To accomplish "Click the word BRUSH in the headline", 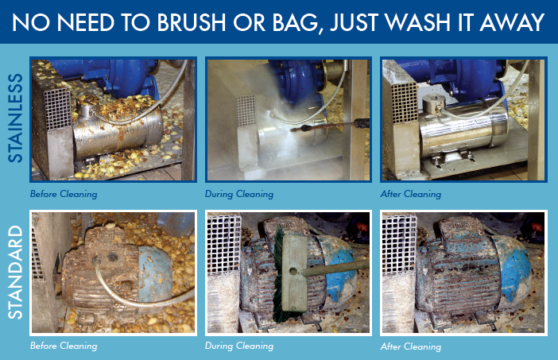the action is tap(191, 22).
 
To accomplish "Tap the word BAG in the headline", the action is tap(295, 23).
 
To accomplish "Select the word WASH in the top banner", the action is tap(419, 22).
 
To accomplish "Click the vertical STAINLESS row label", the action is tap(15, 118).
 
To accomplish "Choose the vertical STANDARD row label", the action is tap(15, 272).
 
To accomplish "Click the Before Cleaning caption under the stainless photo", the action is tap(64, 194).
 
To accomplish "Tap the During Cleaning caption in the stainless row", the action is tap(239, 194).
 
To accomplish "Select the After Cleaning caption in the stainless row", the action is tap(411, 194).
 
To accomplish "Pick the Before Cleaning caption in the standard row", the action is tap(64, 346).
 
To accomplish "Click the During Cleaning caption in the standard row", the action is tap(239, 346).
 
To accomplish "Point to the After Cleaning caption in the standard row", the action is tap(411, 346).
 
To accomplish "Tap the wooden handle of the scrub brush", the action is tap(335, 268).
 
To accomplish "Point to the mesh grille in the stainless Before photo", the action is tap(57, 108).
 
